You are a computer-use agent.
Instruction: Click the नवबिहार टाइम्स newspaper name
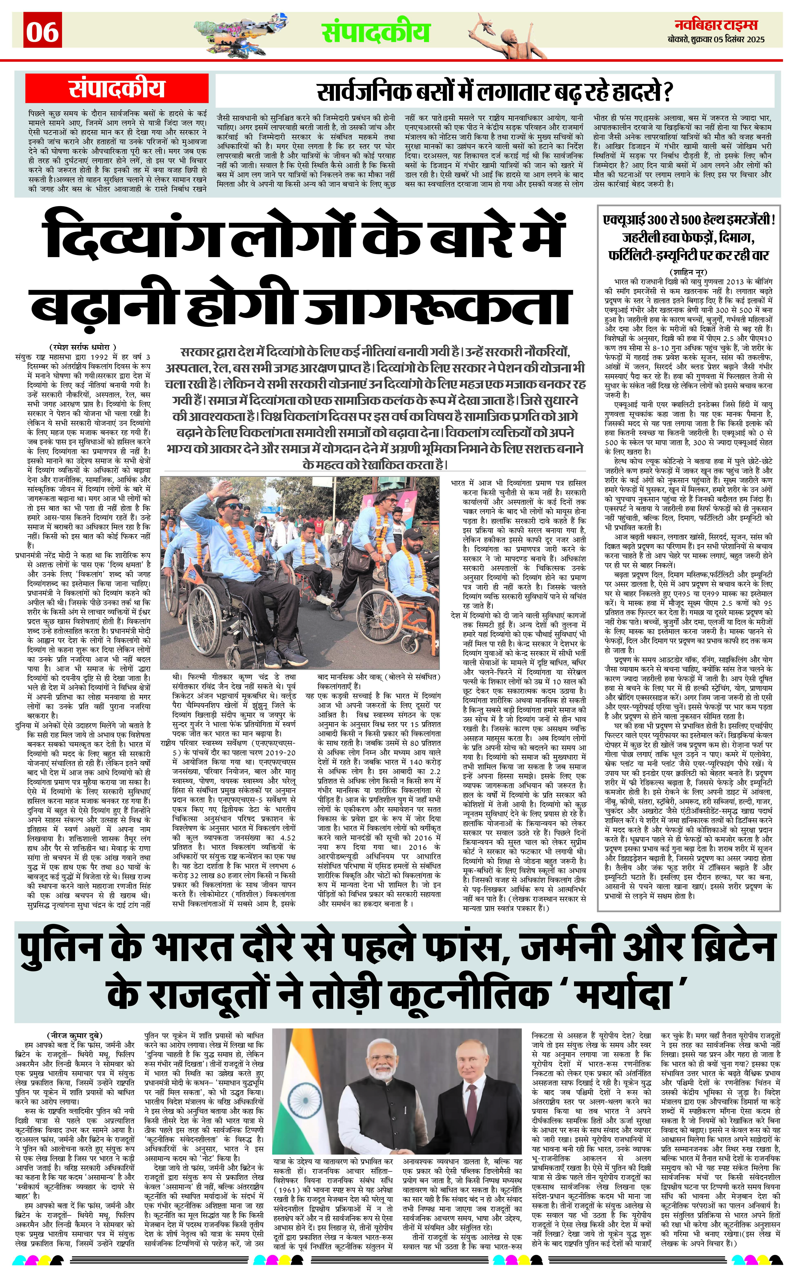(x=716, y=25)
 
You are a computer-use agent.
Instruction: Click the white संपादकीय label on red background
(x=117, y=88)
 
